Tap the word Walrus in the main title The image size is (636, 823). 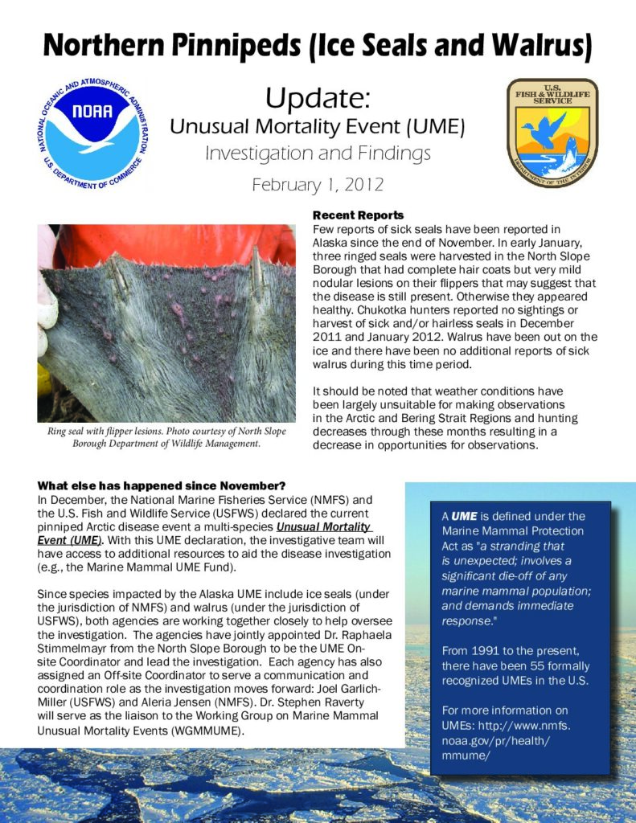542,47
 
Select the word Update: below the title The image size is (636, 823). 318,99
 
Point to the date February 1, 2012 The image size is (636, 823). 318,184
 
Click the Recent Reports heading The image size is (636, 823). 358,215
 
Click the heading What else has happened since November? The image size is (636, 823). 161,486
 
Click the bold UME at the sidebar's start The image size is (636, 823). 463,516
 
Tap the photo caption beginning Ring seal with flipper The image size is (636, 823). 166,437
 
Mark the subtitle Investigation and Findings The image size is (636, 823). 318,154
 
